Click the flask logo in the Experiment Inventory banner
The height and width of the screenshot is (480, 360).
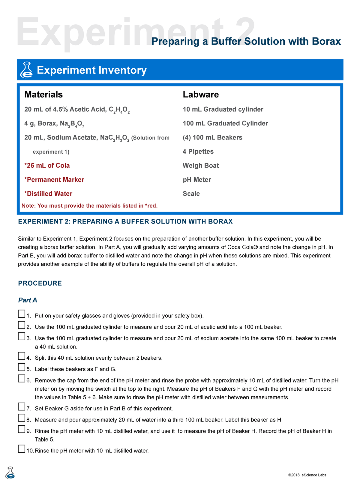tap(26, 70)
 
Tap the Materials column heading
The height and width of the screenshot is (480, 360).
tap(43, 94)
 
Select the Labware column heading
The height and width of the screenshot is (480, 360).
tap(201, 94)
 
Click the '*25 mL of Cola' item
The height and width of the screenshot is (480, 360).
tap(47, 166)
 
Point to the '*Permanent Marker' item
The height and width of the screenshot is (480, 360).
tap(54, 180)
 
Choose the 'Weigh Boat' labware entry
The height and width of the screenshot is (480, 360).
tap(201, 166)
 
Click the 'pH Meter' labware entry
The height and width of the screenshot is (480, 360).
tap(197, 180)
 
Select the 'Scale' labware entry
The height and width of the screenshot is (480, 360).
tap(191, 194)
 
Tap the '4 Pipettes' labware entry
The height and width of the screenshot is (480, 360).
tap(198, 151)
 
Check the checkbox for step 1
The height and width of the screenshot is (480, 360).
tap(21, 314)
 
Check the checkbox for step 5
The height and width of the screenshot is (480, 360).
tap(21, 367)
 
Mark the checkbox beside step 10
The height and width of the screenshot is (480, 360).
tap(21, 449)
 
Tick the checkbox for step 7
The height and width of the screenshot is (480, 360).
tap(21, 406)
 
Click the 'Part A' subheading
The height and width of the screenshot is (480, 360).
tap(28, 300)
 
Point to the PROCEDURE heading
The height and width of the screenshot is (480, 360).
tap(40, 283)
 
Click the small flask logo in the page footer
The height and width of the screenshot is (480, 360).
tap(10, 472)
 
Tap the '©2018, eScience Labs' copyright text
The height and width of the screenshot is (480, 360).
tap(307, 475)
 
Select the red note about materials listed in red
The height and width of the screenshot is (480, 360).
tap(89, 206)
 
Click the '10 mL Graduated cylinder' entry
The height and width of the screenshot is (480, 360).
tap(223, 109)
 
